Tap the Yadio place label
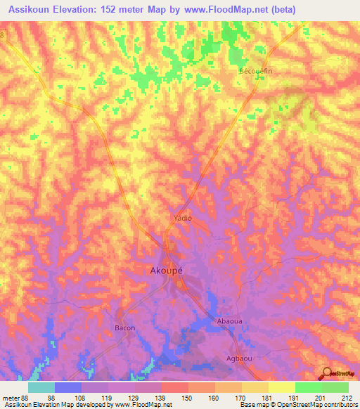[x=183, y=218]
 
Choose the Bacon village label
[x=124, y=328]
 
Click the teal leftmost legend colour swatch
[x=41, y=387]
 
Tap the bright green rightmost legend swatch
[x=335, y=387]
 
